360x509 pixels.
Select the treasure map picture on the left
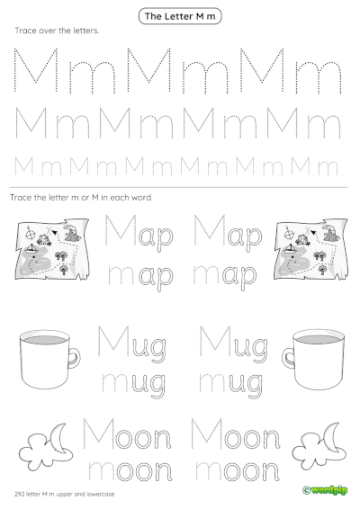tap(49, 246)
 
